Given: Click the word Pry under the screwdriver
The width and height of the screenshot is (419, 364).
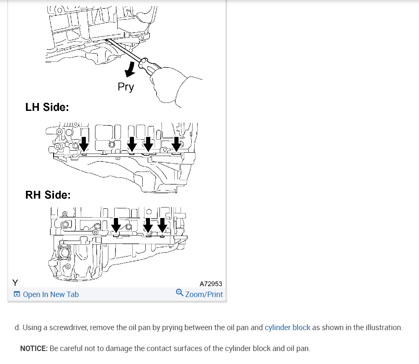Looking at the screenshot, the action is pyautogui.click(x=126, y=87).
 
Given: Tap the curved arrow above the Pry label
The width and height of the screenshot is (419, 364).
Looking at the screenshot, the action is pyautogui.click(x=130, y=69).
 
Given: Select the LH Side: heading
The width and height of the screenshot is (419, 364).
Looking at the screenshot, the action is pyautogui.click(x=47, y=107).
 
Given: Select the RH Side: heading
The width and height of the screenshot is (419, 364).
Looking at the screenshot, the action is pyautogui.click(x=48, y=195).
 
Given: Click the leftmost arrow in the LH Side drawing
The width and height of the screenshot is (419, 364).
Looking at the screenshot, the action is pyautogui.click(x=84, y=144).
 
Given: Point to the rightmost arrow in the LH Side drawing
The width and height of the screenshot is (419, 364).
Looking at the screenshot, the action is pyautogui.click(x=176, y=144).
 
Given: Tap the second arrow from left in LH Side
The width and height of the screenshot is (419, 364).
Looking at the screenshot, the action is pyautogui.click(x=132, y=144).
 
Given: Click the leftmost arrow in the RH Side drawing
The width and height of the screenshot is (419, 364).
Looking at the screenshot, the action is pyautogui.click(x=116, y=226).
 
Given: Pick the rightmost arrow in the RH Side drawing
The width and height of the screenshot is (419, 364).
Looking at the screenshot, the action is pyautogui.click(x=162, y=226).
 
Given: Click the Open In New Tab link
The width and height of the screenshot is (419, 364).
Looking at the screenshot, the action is pyautogui.click(x=51, y=294).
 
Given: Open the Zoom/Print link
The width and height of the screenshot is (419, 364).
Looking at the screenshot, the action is pyautogui.click(x=204, y=294).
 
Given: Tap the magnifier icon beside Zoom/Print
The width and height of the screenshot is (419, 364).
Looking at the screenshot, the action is pyautogui.click(x=180, y=293).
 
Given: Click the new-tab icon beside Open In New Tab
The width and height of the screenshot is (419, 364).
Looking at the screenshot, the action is pyautogui.click(x=17, y=294).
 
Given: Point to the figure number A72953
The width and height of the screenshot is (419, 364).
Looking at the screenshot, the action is pyautogui.click(x=211, y=284).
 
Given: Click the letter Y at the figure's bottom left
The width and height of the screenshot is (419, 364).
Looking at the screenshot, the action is pyautogui.click(x=15, y=282).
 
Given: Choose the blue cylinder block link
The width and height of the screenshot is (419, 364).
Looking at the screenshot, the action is pyautogui.click(x=288, y=328).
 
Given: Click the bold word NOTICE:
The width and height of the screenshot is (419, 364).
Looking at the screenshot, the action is pyautogui.click(x=34, y=349).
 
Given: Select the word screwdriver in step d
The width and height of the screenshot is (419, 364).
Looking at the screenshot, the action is pyautogui.click(x=69, y=328).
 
